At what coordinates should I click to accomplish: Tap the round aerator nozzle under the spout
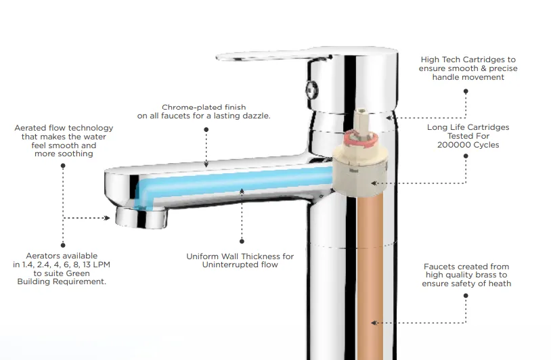[141, 217]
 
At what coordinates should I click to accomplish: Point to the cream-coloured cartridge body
[360, 171]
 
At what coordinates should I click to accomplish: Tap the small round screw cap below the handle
[311, 89]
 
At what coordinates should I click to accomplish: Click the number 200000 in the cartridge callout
[451, 145]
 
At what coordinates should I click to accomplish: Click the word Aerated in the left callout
[30, 128]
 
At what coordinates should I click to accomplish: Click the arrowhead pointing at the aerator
[107, 218]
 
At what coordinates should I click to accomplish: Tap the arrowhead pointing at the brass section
[374, 323]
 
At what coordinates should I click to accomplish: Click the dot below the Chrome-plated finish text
[206, 130]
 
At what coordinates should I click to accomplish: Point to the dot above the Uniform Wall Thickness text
[242, 242]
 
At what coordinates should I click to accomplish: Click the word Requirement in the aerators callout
[83, 282]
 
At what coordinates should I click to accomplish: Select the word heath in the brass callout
[500, 284]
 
